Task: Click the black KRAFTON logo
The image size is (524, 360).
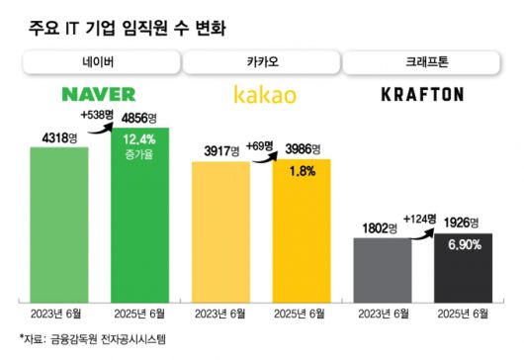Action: (x=422, y=95)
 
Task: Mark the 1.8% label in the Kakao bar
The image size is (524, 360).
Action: (x=302, y=171)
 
